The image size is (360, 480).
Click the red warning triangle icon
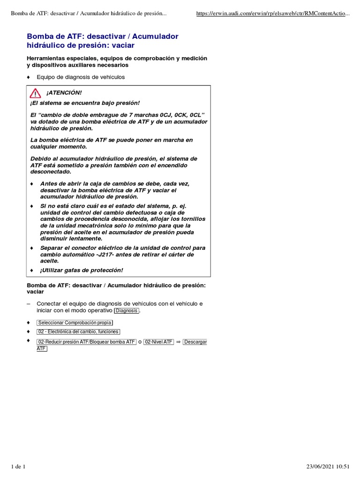coord(36,92)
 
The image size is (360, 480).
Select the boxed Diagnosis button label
coord(127,311)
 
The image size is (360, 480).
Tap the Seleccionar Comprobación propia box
coord(75,323)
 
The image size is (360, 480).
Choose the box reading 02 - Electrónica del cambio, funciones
coord(78,332)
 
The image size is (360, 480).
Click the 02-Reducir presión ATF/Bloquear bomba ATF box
coord(87,342)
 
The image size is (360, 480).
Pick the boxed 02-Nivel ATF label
coord(158,342)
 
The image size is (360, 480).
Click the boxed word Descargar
coord(195,342)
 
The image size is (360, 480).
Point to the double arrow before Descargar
coord(178,342)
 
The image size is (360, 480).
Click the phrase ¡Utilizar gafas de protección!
coord(82,270)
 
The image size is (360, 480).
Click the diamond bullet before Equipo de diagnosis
coord(29,77)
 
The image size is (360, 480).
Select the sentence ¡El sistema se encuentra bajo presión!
coord(85,103)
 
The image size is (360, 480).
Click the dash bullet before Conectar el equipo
coord(29,304)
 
